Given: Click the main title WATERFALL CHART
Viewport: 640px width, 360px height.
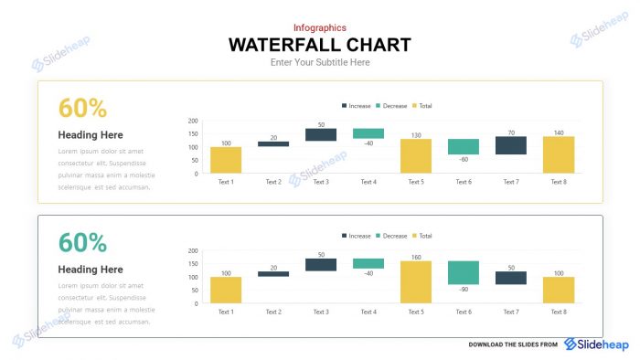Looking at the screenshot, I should (319, 45).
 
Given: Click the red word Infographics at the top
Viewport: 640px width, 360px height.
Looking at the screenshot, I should (319, 27).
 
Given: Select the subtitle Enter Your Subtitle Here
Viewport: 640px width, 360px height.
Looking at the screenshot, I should (319, 63).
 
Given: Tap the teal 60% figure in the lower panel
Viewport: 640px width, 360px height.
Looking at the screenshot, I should (83, 243).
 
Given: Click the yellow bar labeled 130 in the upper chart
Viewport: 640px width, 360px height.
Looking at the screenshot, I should (416, 156).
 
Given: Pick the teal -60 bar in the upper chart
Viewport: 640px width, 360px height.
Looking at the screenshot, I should (464, 146).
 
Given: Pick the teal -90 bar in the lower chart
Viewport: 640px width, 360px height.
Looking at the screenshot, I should (464, 272).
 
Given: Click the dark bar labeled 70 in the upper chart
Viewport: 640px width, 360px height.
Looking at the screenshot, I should (511, 145).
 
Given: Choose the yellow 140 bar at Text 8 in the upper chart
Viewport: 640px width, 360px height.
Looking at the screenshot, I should (559, 154).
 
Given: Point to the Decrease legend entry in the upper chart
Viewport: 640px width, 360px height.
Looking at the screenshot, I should (394, 106).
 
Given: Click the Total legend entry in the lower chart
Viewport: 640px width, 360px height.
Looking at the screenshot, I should (421, 236).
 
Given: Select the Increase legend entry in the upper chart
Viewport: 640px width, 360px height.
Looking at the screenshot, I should (356, 106).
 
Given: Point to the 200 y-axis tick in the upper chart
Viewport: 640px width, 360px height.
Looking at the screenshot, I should (193, 121).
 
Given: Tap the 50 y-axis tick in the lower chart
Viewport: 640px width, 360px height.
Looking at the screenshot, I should (195, 290).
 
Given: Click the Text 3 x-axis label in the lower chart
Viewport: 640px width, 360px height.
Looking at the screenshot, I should (321, 312).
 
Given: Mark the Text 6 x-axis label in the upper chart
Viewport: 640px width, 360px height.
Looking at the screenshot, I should (464, 182).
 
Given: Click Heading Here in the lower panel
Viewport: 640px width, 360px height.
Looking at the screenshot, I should (91, 270).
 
